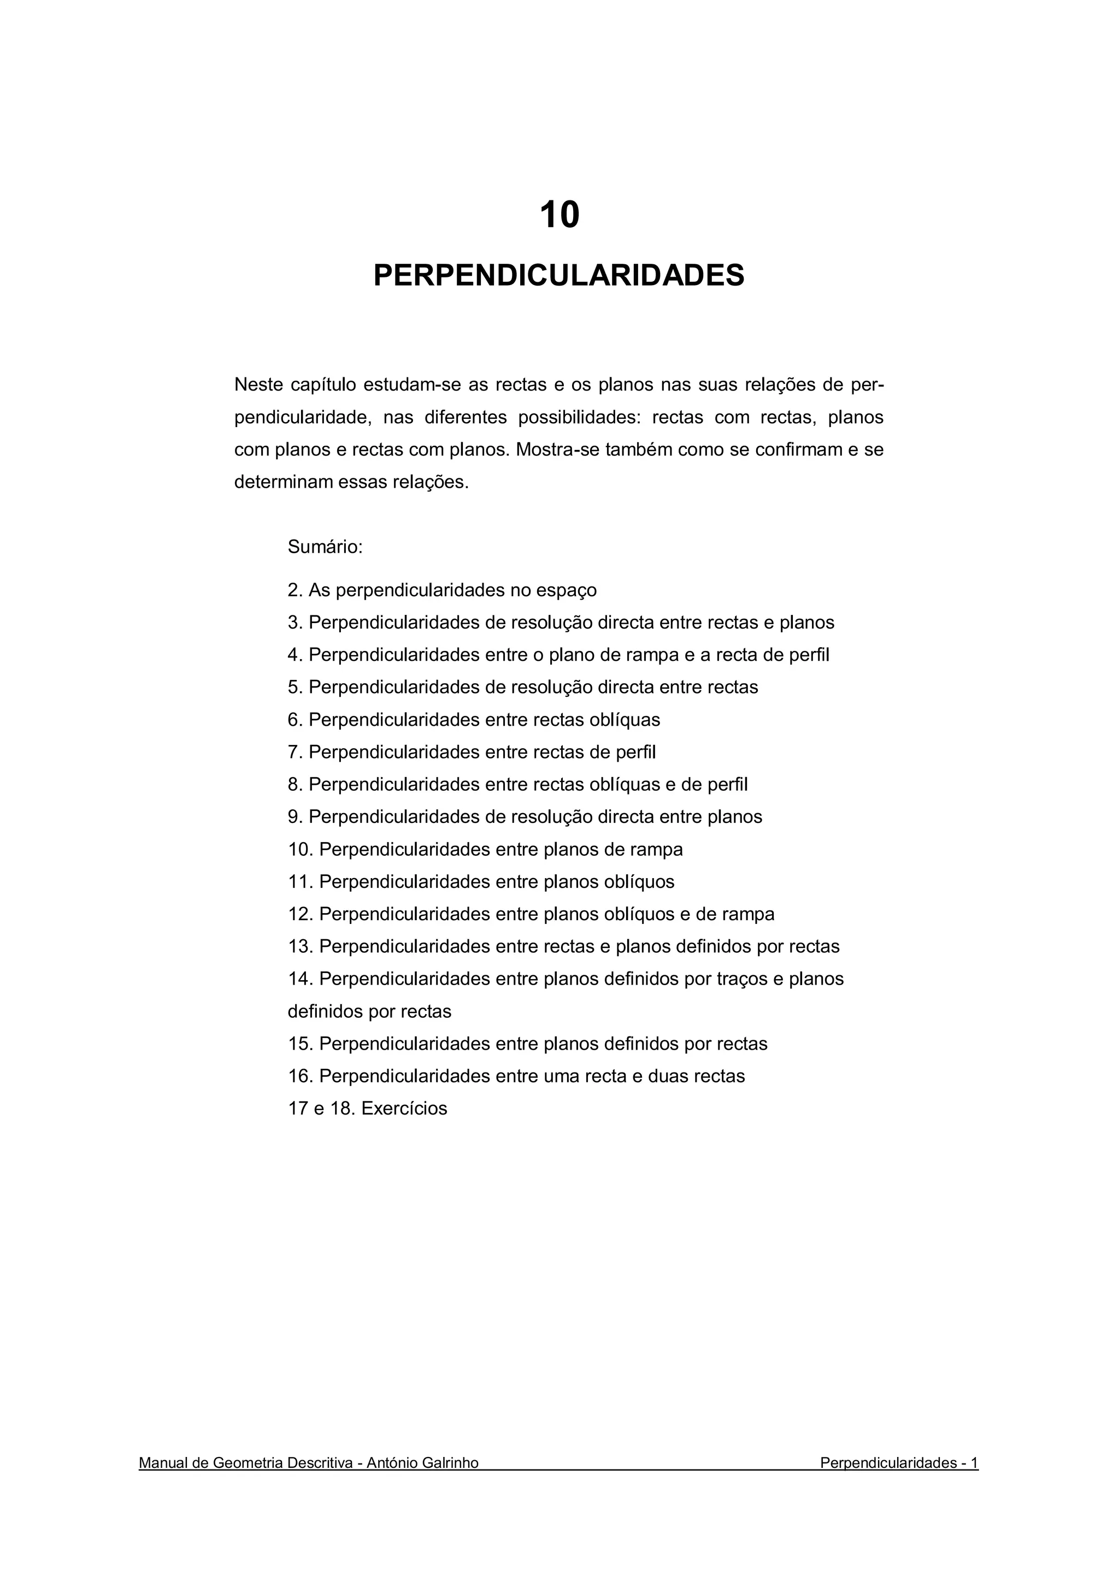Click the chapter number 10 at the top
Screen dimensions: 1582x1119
[559, 215]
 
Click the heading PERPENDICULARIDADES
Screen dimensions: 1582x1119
[559, 276]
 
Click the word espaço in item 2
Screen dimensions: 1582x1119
[570, 590]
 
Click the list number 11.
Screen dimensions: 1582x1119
[300, 881]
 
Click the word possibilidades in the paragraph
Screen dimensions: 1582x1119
[579, 418]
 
